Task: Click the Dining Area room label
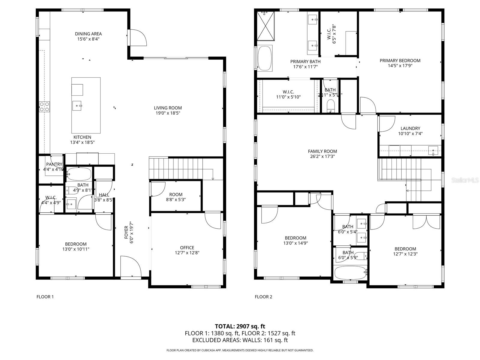point(88,34)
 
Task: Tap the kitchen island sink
point(77,106)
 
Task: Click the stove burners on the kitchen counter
point(44,107)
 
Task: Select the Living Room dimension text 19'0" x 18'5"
point(168,113)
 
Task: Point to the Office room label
point(187,247)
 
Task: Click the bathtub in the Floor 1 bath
point(79,174)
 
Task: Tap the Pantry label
point(54,164)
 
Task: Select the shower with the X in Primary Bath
point(266,26)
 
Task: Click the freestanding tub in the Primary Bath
point(265,58)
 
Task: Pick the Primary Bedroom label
point(400,61)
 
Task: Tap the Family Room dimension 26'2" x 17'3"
point(322,156)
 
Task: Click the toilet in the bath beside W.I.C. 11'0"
point(330,105)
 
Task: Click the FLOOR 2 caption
point(263,297)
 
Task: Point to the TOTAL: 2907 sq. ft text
point(240,326)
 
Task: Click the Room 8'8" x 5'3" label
point(175,194)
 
